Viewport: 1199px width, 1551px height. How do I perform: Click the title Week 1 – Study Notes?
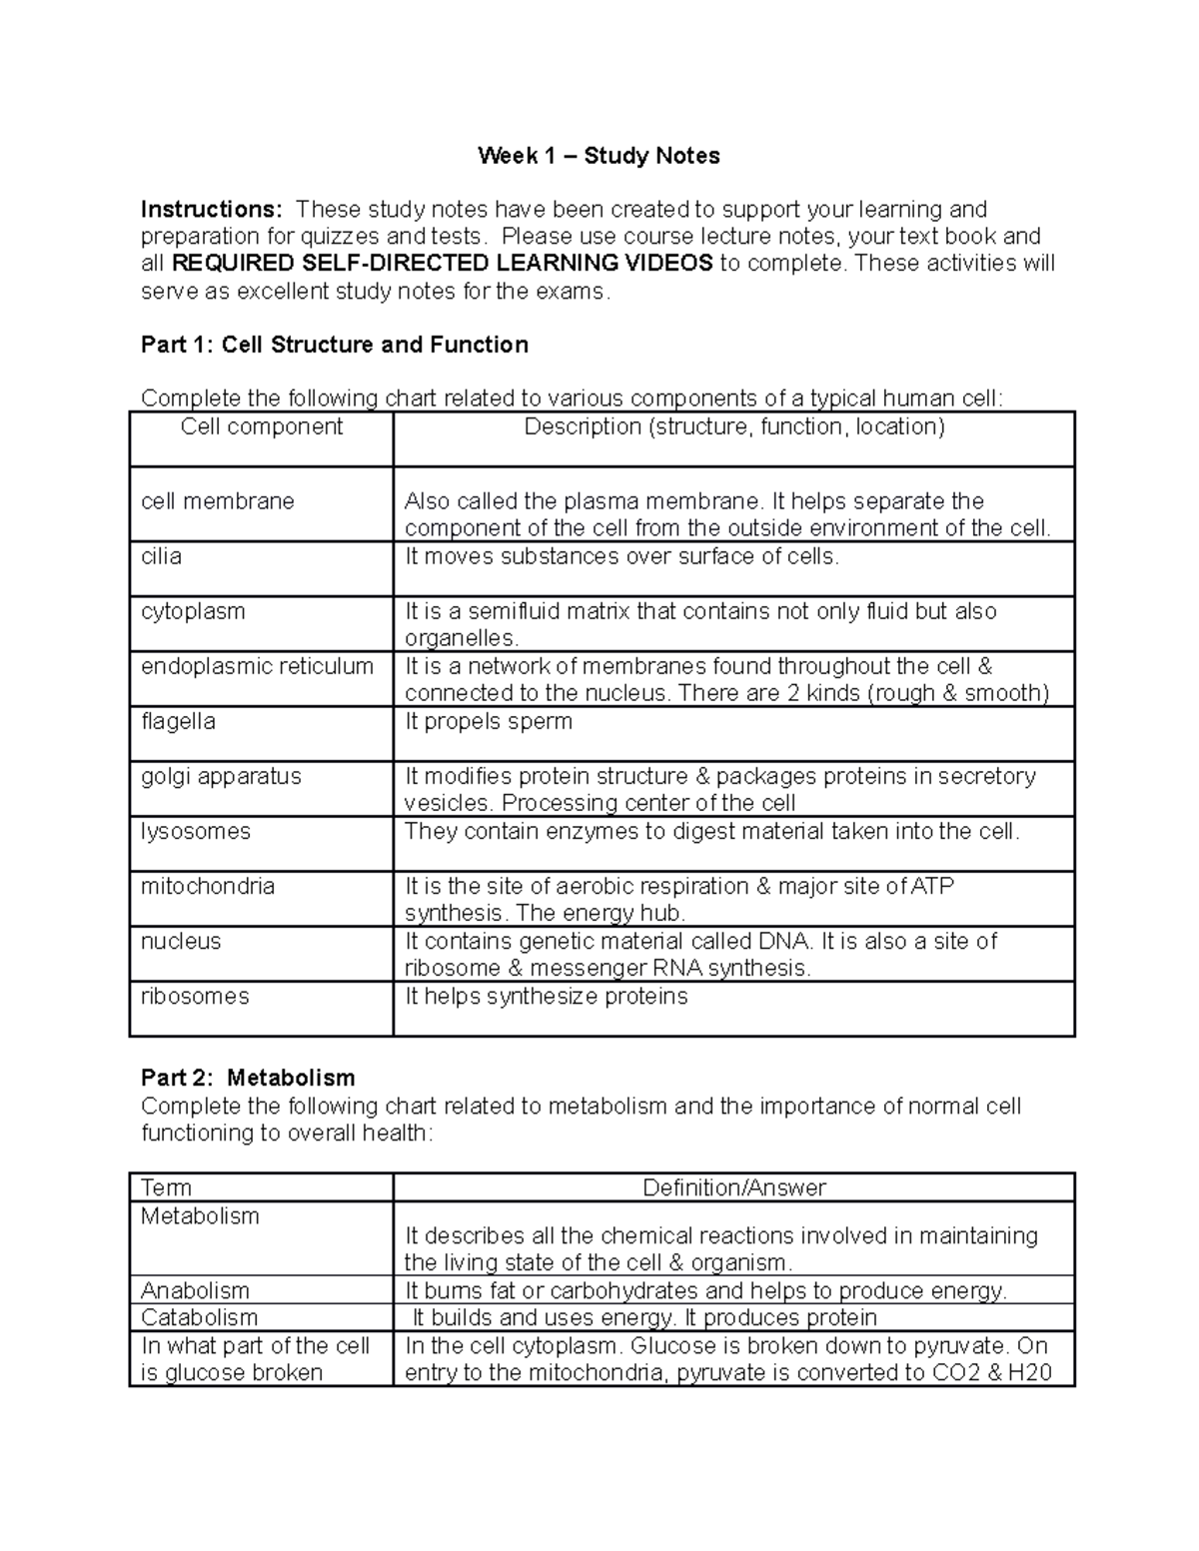pos(599,156)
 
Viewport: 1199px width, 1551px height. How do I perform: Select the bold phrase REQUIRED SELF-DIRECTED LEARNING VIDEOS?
pos(443,264)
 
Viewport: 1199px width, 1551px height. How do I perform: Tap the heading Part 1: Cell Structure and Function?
pos(335,346)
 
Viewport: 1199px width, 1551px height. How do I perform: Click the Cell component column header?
pos(262,427)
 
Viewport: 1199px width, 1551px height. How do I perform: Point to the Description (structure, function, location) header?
pos(734,427)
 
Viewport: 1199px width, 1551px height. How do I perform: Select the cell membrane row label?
pos(218,501)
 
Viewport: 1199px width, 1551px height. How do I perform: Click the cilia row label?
pos(162,556)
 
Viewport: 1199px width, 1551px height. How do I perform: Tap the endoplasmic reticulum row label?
pos(258,666)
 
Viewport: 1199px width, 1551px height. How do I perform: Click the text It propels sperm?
pos(489,721)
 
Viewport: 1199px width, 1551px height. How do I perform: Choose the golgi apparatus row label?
pos(221,776)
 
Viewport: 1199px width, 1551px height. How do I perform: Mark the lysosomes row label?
pos(196,831)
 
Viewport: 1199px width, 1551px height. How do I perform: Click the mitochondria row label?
pos(208,886)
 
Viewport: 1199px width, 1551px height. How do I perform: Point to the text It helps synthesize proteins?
pos(546,997)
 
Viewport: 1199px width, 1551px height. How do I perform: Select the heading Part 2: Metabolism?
pos(248,1078)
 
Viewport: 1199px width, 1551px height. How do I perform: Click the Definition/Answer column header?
pos(734,1187)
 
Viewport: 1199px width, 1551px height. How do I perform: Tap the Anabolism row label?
pos(196,1290)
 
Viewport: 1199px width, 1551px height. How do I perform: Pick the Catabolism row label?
pos(200,1317)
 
